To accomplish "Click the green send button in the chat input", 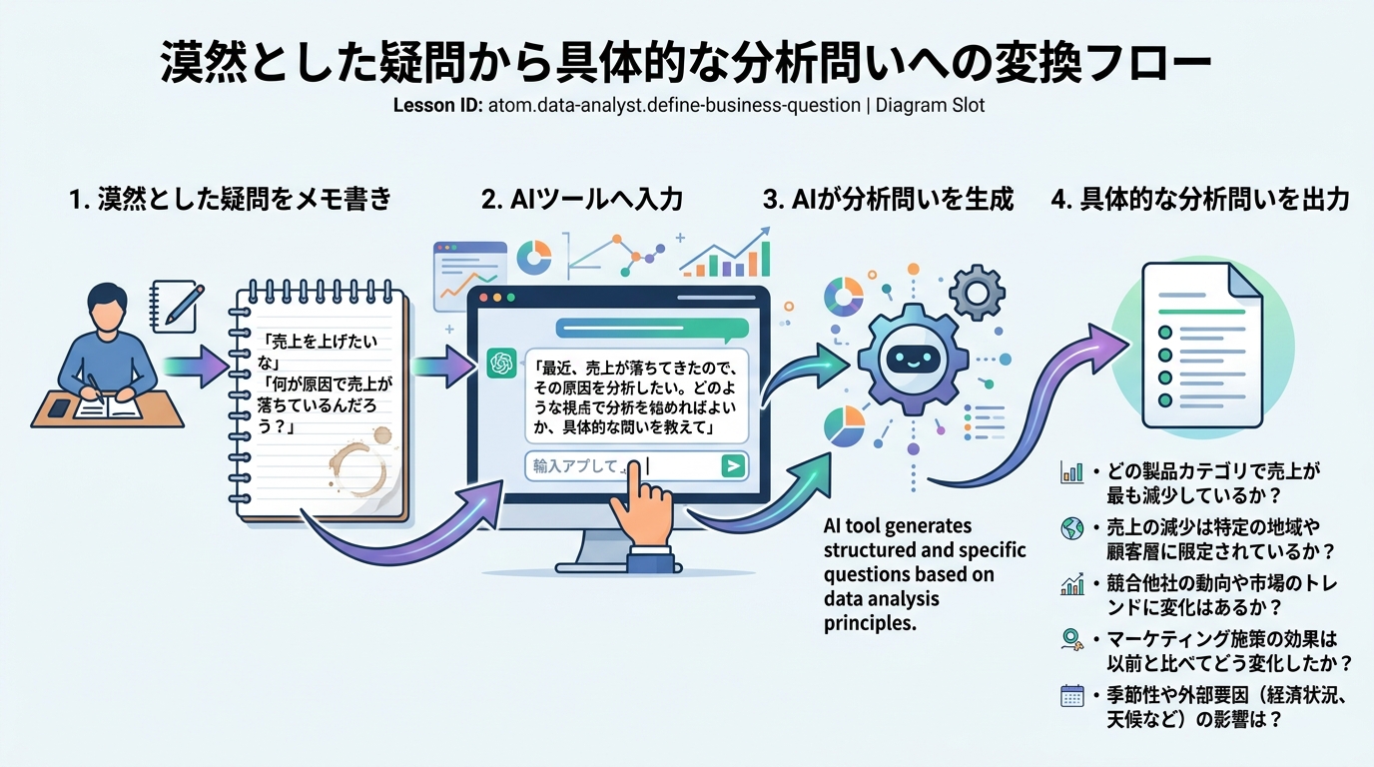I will coord(733,465).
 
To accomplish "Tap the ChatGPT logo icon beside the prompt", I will coord(500,365).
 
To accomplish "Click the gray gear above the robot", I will coord(975,292).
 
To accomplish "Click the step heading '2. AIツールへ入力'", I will coord(582,200).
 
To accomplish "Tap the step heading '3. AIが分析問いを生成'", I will coord(888,200).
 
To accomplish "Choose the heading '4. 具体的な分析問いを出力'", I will coord(1200,200).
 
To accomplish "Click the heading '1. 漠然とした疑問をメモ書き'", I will coord(231,200).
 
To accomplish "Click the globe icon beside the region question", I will coord(1072,529).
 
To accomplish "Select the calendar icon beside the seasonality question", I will coord(1072,696).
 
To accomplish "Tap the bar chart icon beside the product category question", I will coord(1072,472).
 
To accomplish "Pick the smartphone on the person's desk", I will coord(59,407).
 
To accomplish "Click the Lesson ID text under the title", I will coord(689,105).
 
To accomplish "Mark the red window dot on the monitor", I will coord(485,299).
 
